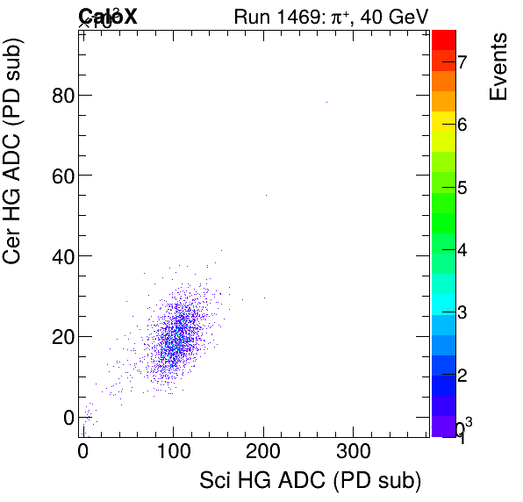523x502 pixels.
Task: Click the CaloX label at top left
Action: click(108, 15)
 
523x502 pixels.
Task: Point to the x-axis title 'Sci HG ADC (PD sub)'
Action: click(311, 481)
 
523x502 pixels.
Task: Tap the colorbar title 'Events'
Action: click(498, 66)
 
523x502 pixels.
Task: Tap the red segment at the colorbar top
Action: click(443, 39)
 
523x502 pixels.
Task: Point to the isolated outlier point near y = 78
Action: click(326, 102)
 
